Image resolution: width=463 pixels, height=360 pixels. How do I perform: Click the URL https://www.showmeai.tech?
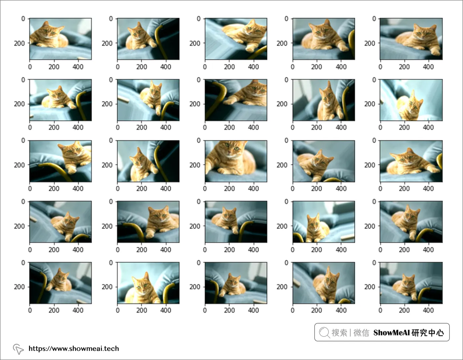74,348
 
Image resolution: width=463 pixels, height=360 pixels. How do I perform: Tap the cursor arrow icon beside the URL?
18,349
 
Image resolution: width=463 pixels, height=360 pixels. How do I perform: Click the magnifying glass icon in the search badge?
324,332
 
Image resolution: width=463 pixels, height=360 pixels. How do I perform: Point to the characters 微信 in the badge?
361,333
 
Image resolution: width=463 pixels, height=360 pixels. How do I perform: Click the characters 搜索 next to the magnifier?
339,333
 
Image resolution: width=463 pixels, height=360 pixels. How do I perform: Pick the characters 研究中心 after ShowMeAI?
428,333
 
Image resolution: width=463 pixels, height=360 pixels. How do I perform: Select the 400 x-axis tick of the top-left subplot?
78,67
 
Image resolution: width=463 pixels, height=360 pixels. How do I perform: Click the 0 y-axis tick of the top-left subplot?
23,19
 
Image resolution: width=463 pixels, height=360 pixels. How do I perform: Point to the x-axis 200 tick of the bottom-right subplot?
404,310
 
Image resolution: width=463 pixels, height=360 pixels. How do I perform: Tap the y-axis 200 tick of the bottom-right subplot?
370,287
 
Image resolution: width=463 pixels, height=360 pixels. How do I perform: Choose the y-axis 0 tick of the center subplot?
198,140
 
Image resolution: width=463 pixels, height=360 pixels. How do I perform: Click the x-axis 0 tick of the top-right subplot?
380,67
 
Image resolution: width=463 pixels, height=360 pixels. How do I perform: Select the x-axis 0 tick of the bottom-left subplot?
30,310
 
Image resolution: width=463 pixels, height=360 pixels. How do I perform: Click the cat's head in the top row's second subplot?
138,32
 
